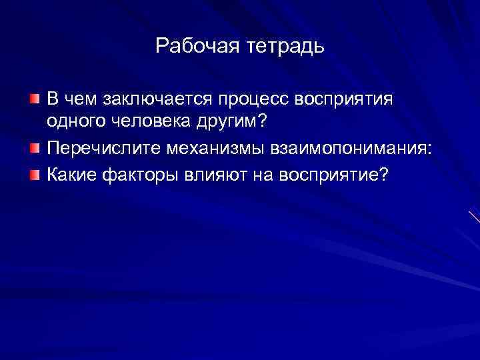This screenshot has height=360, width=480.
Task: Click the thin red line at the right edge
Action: pyautogui.click(x=475, y=216)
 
